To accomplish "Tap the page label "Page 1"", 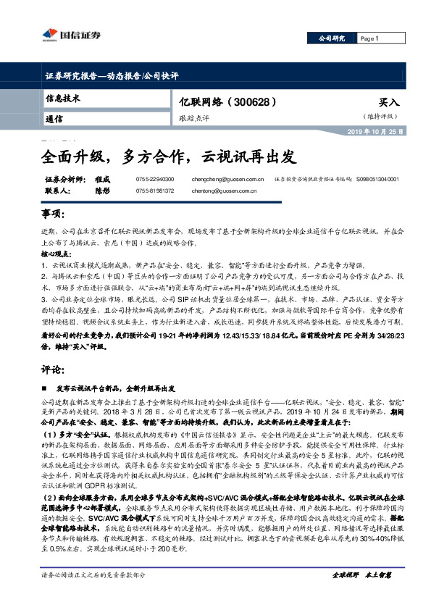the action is [x=369, y=38].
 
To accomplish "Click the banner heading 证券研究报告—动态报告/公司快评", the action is [x=107, y=75].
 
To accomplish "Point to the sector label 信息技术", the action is [x=63, y=99].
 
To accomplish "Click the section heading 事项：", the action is [x=53, y=217].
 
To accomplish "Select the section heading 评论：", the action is [x=53, y=369].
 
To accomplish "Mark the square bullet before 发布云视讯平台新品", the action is [x=44, y=388].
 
